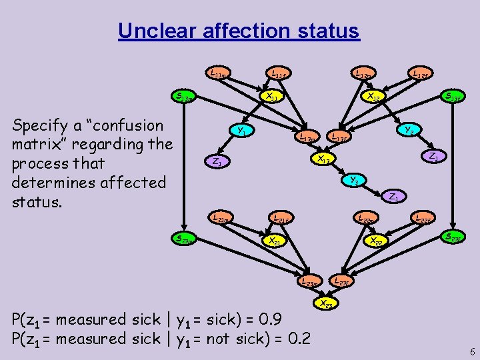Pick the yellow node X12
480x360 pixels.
pyautogui.click(x=375, y=97)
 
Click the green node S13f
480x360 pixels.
pyautogui.click(x=453, y=97)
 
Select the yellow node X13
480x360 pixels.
pyautogui.click(x=323, y=158)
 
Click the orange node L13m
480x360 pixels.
pyautogui.click(x=307, y=137)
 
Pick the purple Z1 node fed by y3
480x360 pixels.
pyautogui.click(x=394, y=197)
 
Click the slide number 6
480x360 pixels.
pyautogui.click(x=472, y=351)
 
